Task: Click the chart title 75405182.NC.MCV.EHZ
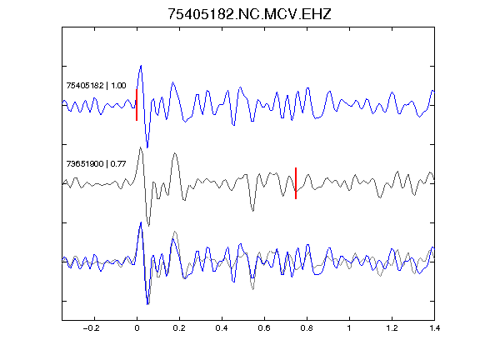pos(249,14)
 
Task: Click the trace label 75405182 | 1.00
pos(96,85)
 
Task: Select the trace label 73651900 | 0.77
pos(96,164)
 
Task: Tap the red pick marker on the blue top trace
pos(137,105)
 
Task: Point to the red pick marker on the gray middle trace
pos(296,183)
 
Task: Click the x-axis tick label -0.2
pos(92,328)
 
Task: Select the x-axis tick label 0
pos(137,328)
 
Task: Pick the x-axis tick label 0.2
pos(179,328)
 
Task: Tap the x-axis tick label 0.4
pos(222,328)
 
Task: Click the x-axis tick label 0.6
pos(264,328)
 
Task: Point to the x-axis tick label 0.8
pos(307,328)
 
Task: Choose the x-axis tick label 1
pos(349,328)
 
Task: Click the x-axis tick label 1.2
pos(392,328)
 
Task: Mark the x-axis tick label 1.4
pos(435,328)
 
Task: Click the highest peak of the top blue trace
pos(141,66)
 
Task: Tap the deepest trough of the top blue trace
pos(147,147)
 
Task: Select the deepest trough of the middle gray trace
pos(149,225)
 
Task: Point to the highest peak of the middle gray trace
pos(140,147)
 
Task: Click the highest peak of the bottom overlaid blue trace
pos(141,222)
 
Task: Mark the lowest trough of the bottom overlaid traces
pos(147,304)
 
